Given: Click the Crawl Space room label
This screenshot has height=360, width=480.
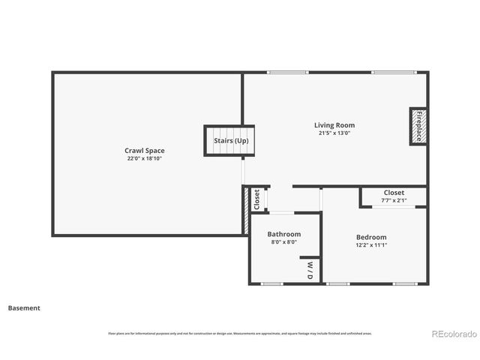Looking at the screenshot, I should pos(145,151).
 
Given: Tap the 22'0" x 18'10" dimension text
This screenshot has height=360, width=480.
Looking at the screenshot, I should pos(145,159).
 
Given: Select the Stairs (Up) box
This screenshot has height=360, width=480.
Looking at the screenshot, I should pos(229,140).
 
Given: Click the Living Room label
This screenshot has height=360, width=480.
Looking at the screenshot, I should pos(334,125).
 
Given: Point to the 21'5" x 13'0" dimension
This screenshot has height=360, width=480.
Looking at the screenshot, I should pos(334,133).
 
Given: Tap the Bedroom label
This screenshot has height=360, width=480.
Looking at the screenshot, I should pos(371,237).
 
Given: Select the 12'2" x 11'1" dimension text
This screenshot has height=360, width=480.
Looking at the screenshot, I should pos(371,245).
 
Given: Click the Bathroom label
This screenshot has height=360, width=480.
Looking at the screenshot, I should pos(284,234).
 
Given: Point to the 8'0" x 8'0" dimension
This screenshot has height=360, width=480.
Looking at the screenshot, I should pos(283,242).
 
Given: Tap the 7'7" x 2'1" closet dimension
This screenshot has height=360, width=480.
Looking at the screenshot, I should pos(394,200).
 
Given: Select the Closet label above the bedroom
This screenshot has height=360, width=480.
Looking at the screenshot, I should pos(394,193).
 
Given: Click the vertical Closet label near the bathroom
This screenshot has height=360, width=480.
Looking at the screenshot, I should pos(256,199).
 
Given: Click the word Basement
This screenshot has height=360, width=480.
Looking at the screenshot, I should pos(24,307).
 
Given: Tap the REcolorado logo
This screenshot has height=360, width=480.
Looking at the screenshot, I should pos(452,334).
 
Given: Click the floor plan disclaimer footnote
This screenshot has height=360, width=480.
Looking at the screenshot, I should pos(240,334).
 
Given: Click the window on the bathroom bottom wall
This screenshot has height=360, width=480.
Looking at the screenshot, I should pos(271,284).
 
